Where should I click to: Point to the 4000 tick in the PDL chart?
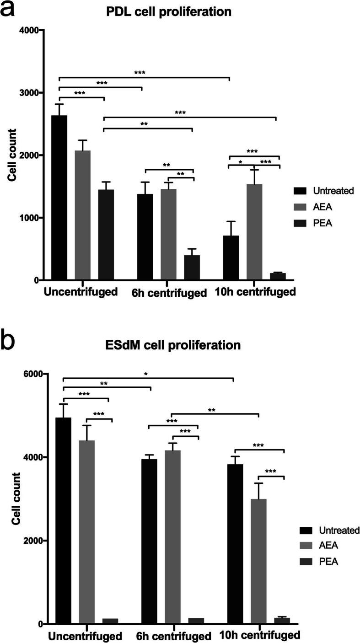pyautogui.click(x=31, y=30)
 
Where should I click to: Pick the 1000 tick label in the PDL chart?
pyautogui.click(x=31, y=218)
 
